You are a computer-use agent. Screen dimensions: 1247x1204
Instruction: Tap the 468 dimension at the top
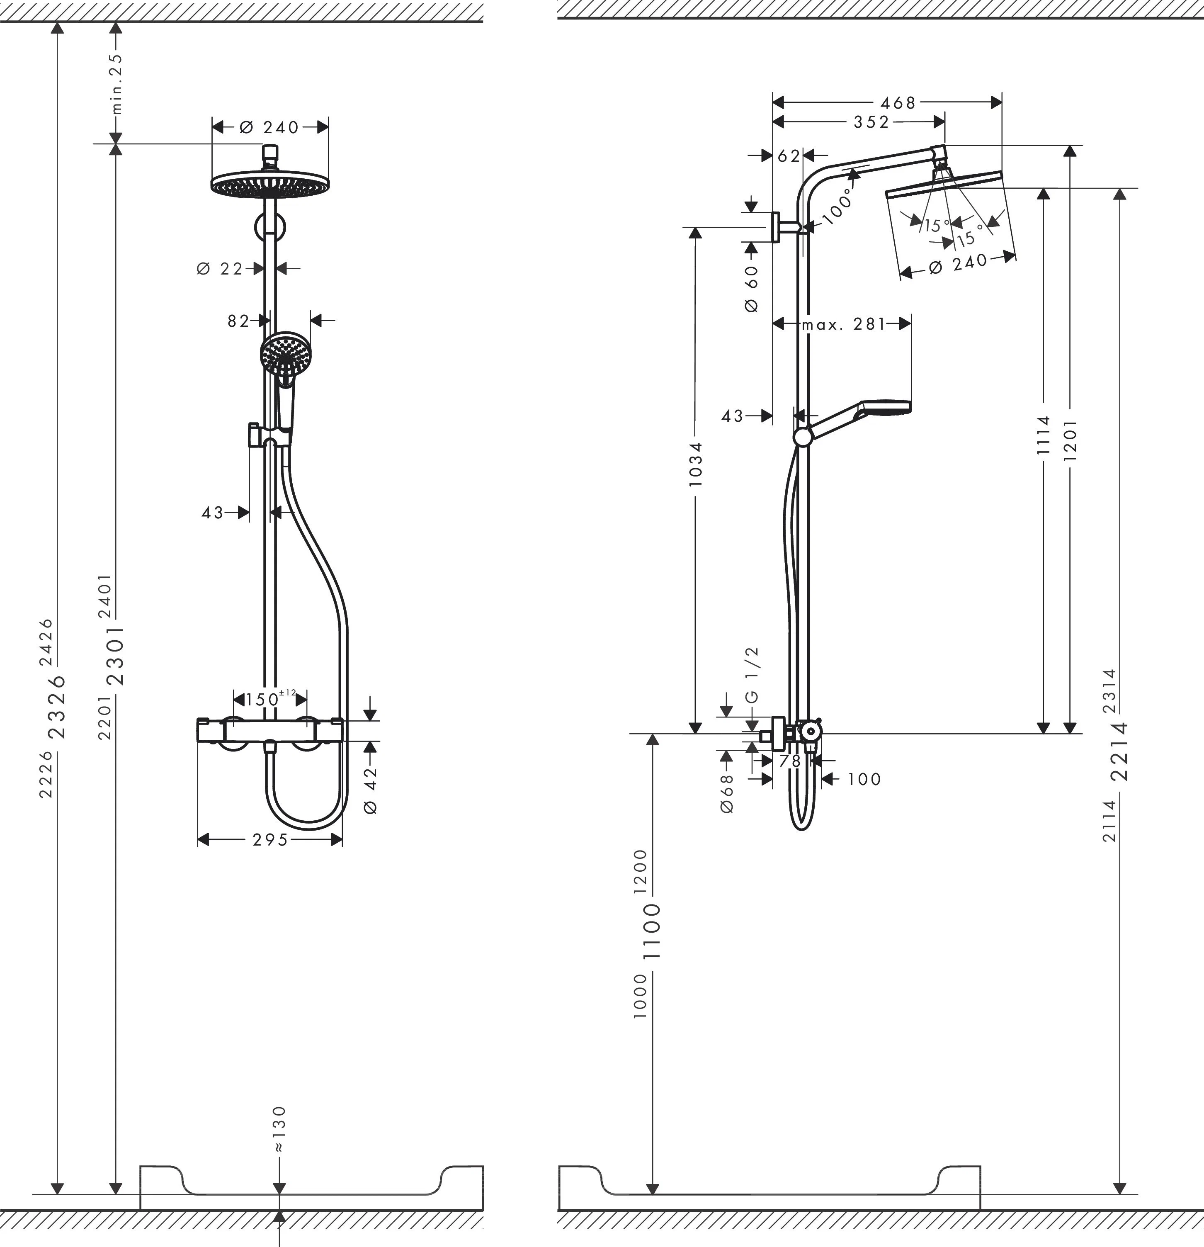point(898,102)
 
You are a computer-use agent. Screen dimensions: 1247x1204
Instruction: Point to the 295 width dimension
point(270,840)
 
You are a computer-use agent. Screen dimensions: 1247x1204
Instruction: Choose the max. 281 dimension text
point(843,324)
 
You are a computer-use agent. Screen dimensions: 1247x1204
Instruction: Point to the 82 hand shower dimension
point(238,321)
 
